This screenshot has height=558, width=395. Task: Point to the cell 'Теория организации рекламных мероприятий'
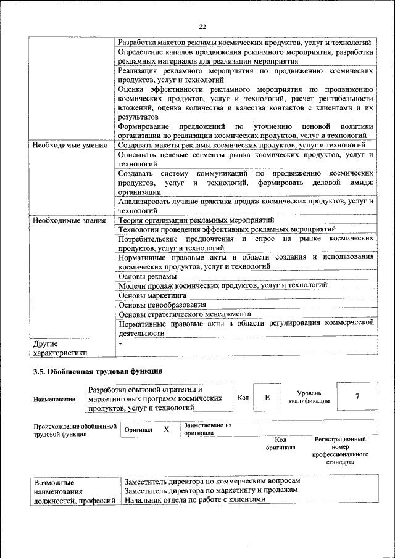(196, 220)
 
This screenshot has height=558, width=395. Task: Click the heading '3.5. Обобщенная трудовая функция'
(98, 371)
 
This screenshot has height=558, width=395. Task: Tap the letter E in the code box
(267, 398)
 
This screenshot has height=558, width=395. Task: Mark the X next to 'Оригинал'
(166, 429)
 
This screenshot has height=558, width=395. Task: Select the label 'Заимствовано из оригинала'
(207, 429)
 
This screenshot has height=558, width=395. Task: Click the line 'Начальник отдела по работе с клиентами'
(194, 499)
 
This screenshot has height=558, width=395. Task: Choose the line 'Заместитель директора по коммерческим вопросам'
(212, 480)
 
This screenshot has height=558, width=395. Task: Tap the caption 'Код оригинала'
(281, 443)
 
